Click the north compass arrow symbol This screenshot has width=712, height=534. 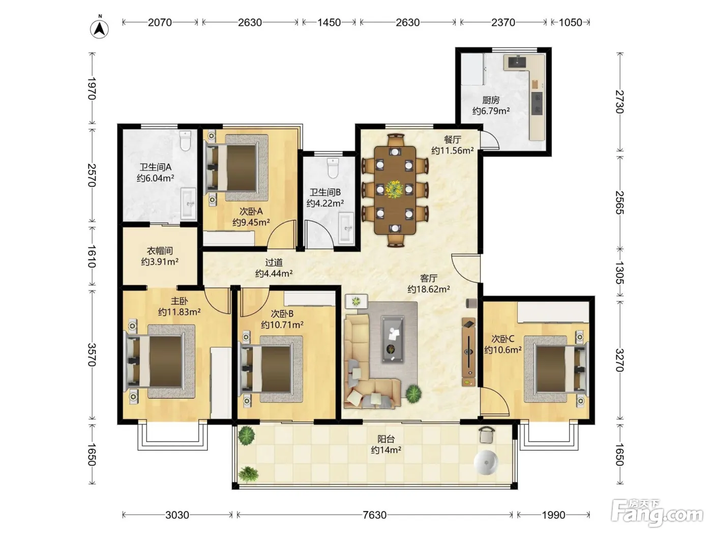click(99, 29)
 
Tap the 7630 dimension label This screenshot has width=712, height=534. click(374, 515)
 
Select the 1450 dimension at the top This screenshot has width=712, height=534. click(329, 22)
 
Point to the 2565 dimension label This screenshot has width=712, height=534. click(619, 202)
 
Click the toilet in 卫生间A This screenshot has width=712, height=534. click(185, 141)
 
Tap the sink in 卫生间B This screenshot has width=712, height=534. click(346, 228)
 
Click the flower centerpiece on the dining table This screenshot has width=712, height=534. click(394, 189)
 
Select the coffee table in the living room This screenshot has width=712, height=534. click(393, 339)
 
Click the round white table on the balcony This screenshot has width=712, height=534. click(486, 462)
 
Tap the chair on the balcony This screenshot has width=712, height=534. click(486, 435)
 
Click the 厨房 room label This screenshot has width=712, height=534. click(491, 100)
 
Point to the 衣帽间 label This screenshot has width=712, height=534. click(160, 251)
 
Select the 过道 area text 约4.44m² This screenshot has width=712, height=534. click(274, 273)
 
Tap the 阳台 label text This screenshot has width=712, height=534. click(386, 439)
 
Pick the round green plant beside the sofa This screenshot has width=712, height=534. click(413, 394)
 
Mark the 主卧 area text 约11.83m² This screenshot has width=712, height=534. click(179, 312)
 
